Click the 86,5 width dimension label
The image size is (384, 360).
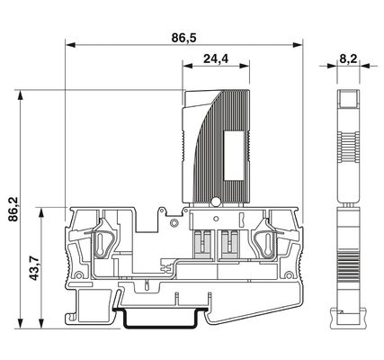[x=183, y=38]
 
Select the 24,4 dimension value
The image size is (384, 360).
[x=216, y=58]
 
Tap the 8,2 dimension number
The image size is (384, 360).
[x=348, y=58]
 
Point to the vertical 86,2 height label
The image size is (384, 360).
[x=13, y=209]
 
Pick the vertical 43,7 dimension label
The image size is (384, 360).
[x=35, y=268]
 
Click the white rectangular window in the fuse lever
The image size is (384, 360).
[x=234, y=156]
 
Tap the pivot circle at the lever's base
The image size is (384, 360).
[x=215, y=202]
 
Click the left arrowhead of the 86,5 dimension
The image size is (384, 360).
[x=70, y=45]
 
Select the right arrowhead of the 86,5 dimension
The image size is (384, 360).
[x=298, y=45]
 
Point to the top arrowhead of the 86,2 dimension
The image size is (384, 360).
[x=21, y=94]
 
